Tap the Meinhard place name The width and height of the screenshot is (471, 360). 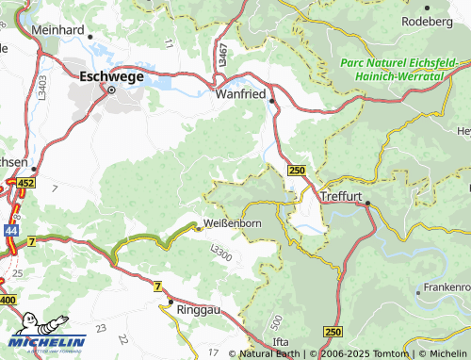[x=58, y=30]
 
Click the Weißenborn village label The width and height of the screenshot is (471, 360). [x=232, y=225]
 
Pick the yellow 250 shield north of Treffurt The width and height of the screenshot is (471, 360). [x=297, y=170]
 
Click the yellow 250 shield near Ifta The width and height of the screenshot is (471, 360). [x=333, y=333]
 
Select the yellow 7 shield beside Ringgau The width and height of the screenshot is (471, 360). [x=157, y=286]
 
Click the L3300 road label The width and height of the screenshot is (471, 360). [x=221, y=252]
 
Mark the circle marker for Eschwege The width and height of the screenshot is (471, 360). [x=110, y=90]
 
